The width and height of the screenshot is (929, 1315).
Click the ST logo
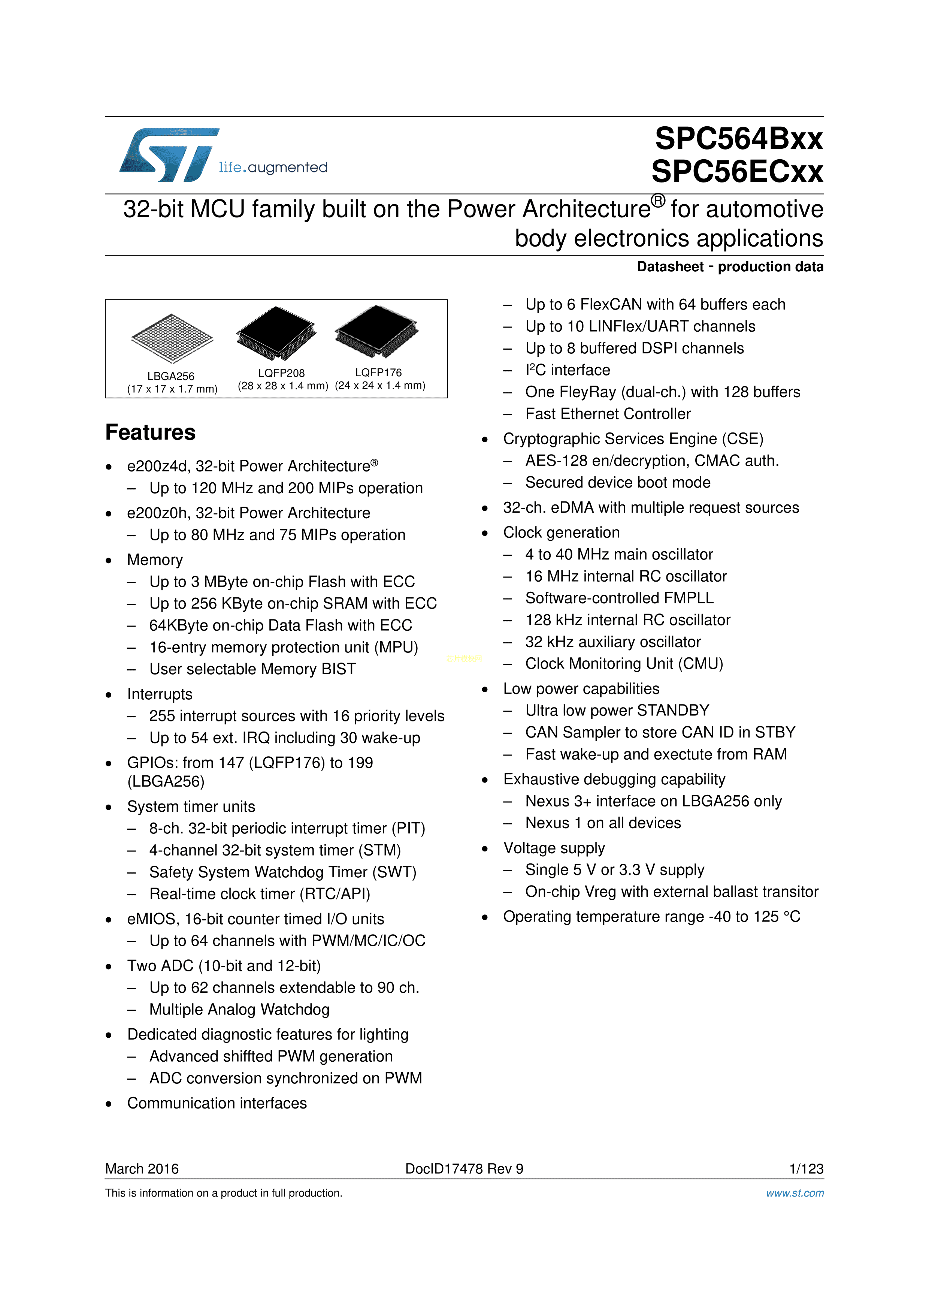(169, 155)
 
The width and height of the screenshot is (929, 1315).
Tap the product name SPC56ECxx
(737, 171)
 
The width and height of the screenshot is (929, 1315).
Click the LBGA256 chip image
(172, 338)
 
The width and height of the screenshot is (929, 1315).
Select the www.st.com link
(795, 1193)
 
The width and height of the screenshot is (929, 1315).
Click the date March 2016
(142, 1168)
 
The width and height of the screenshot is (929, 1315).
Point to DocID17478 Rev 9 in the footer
(464, 1168)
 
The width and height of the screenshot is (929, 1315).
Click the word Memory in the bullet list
(155, 560)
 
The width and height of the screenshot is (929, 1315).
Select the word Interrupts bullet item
(160, 694)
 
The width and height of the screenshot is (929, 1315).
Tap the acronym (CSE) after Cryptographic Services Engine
(742, 439)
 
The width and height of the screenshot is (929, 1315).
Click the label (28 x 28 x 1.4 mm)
(283, 386)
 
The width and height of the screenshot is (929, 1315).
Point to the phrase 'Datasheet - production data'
(730, 267)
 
